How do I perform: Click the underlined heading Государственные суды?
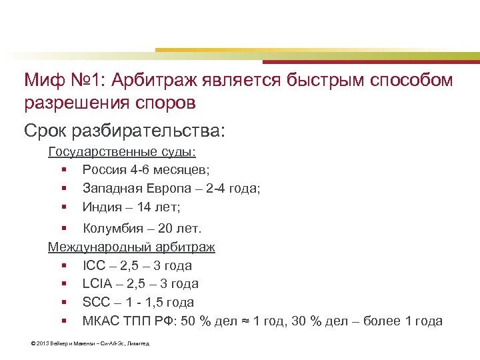117,152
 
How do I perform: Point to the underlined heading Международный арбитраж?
131,247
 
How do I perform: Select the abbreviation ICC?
94,265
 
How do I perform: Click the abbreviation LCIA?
97,284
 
